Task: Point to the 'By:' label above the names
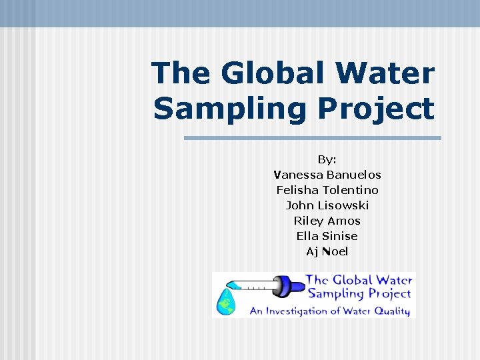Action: click(327, 159)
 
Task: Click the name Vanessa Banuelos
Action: click(327, 175)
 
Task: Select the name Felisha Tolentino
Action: click(327, 190)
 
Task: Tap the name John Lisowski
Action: click(327, 205)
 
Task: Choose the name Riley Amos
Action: click(327, 221)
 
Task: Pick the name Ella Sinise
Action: click(327, 236)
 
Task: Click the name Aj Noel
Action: click(327, 251)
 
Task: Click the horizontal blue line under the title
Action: click(312, 138)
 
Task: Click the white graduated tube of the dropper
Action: click(257, 287)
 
